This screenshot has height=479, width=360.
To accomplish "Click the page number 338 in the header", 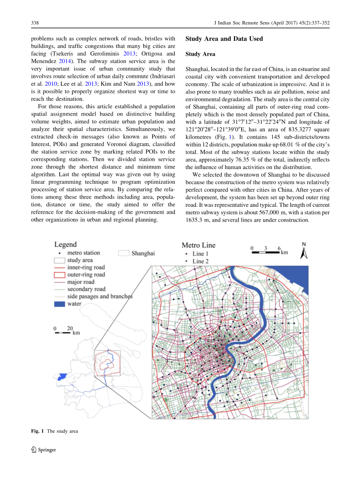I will point(34,23).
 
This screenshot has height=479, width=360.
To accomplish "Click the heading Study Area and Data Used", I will point(224,39).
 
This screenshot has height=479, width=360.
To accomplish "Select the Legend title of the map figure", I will point(65,245).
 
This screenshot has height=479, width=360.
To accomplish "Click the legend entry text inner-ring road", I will point(86,268).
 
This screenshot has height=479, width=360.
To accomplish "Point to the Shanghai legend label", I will point(143,254).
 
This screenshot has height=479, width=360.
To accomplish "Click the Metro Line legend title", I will point(198,245).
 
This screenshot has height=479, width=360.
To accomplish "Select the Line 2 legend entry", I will point(200,261).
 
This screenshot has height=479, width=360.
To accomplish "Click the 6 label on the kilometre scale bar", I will point(279,248).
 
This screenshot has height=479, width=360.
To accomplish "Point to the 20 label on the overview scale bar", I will point(70,328).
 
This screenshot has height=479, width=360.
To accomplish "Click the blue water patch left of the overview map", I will point(61,377).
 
